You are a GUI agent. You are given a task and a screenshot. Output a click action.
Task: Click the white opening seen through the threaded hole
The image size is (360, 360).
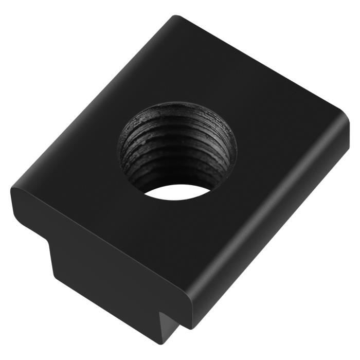177,192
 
